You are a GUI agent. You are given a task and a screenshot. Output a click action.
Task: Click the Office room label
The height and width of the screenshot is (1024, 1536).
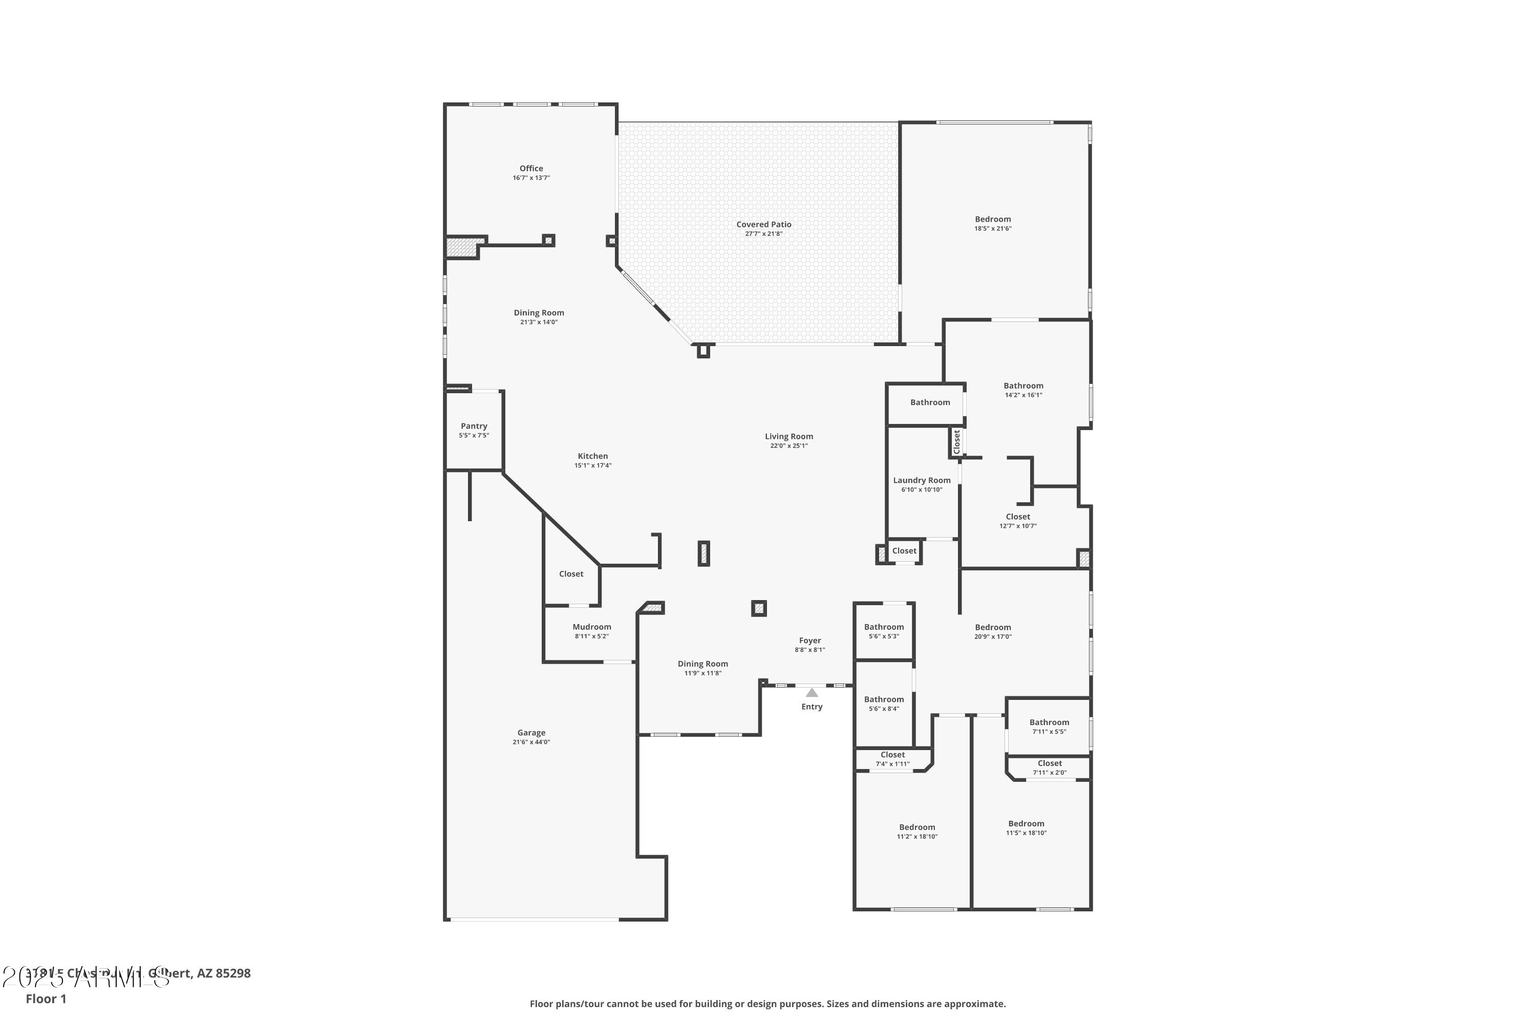(531, 168)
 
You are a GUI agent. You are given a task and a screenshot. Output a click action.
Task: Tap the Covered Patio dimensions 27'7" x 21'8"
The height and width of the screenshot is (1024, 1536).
(763, 234)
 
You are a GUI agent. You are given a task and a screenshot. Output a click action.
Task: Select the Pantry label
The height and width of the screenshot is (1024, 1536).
(474, 426)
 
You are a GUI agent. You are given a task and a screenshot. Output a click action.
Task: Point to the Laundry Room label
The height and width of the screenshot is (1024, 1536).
(922, 480)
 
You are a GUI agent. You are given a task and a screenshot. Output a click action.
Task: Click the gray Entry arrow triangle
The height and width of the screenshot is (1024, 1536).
(811, 693)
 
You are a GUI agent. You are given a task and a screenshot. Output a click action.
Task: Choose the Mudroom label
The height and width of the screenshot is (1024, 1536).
(592, 627)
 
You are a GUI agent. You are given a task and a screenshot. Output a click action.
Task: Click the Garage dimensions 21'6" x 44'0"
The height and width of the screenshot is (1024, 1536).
(531, 742)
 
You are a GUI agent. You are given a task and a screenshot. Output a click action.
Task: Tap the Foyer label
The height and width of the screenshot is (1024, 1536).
(810, 641)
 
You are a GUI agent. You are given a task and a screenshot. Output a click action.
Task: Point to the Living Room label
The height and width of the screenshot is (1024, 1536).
(789, 436)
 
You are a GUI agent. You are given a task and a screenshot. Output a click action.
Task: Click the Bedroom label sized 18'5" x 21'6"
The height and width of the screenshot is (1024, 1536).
(993, 220)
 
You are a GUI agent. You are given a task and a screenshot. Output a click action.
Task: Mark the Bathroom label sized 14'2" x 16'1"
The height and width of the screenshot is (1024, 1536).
(1023, 386)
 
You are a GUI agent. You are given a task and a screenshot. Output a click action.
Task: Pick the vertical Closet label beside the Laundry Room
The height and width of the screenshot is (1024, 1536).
(957, 442)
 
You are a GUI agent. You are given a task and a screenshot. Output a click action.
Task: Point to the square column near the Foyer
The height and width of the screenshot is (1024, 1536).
(758, 609)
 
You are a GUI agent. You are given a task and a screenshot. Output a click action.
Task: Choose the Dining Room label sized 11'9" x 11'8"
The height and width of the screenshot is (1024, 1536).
(702, 664)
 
